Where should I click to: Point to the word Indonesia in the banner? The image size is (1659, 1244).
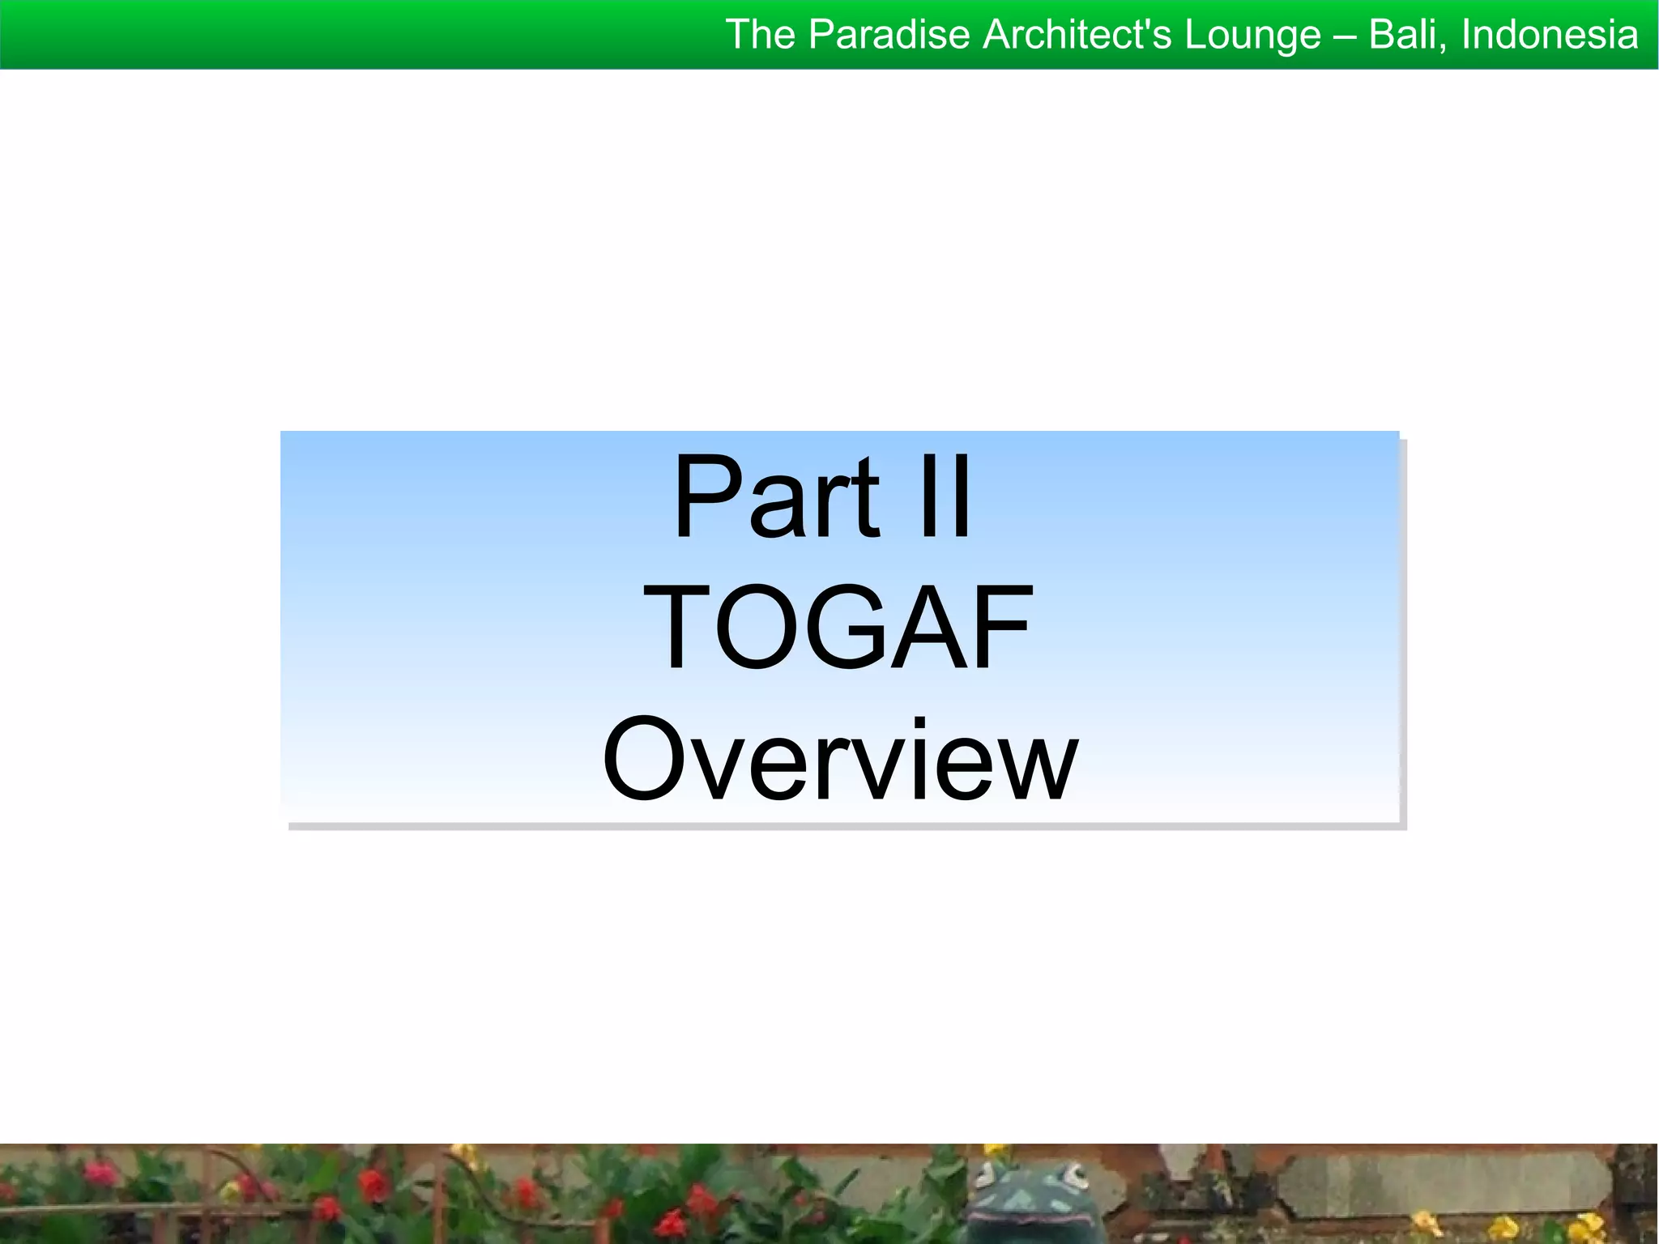(x=1550, y=35)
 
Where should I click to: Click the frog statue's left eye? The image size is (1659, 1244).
(x=986, y=1174)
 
